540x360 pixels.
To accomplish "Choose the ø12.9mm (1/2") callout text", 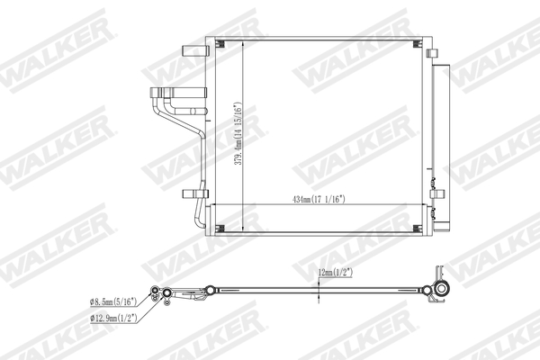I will click(113, 318).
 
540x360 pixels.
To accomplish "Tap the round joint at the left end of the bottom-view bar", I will click(210, 290).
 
